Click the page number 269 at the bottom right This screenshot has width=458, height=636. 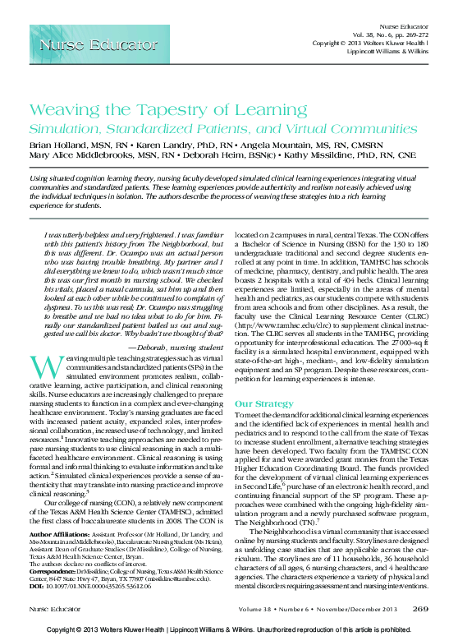tap(420, 609)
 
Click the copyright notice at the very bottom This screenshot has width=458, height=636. tap(229, 629)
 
